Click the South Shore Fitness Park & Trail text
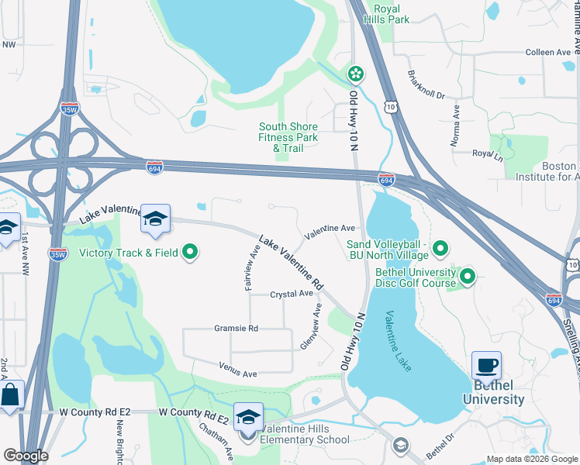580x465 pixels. point(288,137)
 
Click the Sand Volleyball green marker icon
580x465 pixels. point(440,249)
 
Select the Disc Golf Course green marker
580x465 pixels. point(468,275)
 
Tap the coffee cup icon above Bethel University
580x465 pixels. point(486,365)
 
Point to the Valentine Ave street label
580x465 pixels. point(330,229)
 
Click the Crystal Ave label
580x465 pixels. point(292,294)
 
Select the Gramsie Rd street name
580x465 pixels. point(236,329)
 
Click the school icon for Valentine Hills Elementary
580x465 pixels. point(248,416)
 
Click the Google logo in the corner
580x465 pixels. point(25,456)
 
